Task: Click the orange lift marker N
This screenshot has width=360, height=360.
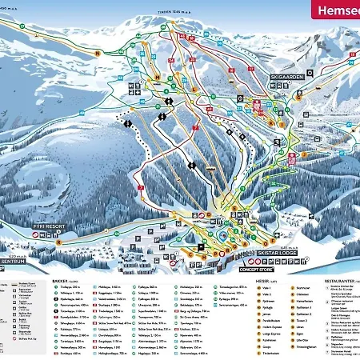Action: (x=97, y=54)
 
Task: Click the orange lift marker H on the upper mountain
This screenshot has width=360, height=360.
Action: (x=158, y=77)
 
